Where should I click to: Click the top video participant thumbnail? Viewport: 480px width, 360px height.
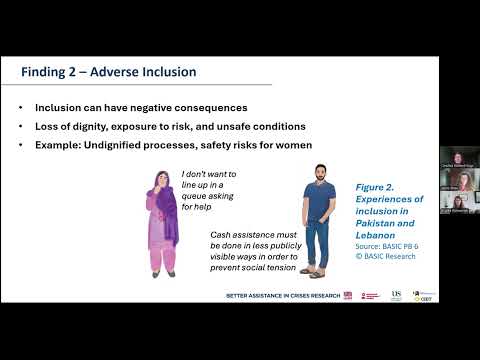pyautogui.click(x=457, y=159)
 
